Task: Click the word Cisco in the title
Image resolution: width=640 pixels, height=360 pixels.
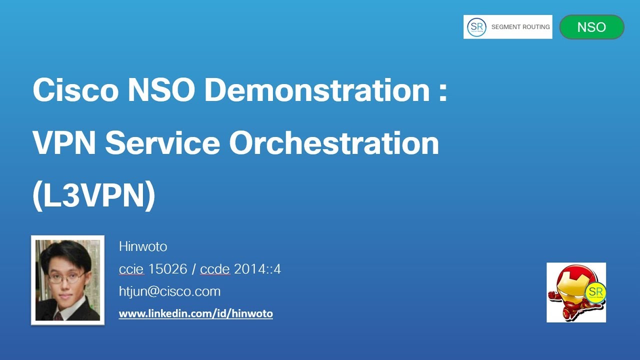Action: coord(75,90)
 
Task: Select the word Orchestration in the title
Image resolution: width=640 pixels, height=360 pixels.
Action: coord(333,143)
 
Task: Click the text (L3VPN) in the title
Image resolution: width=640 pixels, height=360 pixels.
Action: coord(93,195)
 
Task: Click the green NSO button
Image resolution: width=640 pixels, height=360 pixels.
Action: coord(591,27)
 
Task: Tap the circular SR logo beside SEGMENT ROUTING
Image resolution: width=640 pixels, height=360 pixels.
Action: coord(476,27)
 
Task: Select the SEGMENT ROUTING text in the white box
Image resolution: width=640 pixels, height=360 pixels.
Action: coord(520,27)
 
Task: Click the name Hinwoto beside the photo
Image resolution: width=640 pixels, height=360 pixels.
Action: coord(143,246)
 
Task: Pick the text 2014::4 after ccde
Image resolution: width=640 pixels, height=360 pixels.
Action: coord(257,269)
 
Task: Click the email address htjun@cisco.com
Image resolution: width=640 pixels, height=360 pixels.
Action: coord(169,291)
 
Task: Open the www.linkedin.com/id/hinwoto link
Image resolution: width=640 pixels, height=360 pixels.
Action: coord(195,314)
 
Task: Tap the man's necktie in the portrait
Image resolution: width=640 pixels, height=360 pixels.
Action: coord(58,315)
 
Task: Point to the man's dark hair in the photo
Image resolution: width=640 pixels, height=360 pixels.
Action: coord(65,252)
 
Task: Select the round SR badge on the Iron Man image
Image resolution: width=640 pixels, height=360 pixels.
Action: coord(594,292)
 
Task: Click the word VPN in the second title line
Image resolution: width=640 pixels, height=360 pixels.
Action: coord(64,143)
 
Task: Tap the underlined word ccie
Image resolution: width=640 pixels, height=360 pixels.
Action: coord(131,269)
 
